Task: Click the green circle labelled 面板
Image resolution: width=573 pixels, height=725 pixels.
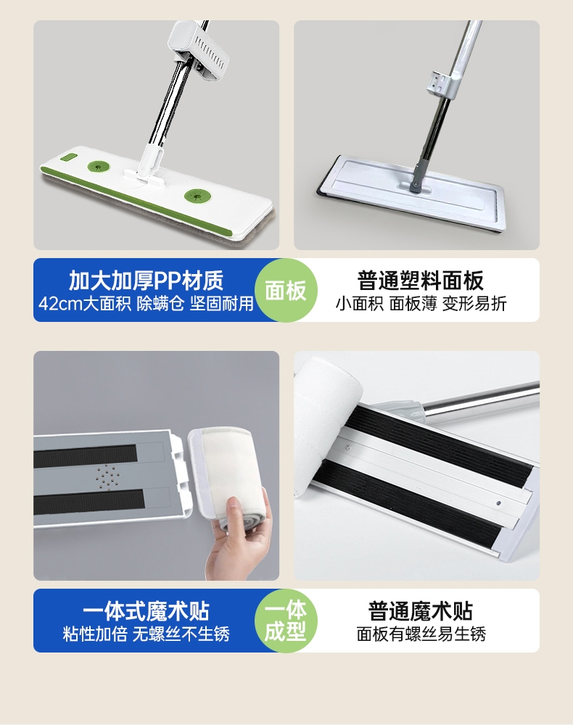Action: (286, 290)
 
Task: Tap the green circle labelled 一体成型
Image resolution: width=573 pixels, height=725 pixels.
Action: (286, 621)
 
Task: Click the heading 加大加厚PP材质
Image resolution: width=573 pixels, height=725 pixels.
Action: (146, 280)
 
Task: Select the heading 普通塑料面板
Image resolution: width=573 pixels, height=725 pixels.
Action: (421, 280)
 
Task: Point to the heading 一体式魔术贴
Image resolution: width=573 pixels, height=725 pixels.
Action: (146, 610)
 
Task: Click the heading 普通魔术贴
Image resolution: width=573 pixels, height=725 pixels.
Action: (421, 610)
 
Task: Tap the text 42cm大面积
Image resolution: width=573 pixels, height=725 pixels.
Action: (85, 304)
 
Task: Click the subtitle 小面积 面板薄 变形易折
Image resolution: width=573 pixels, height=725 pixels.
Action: (421, 304)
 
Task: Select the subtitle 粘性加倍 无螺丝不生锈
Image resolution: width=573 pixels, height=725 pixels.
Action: (146, 634)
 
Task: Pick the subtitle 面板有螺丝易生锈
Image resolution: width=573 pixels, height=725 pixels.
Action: (421, 634)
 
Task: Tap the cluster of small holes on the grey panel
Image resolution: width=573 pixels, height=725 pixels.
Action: (107, 476)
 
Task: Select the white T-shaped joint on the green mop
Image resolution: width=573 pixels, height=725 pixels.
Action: (147, 168)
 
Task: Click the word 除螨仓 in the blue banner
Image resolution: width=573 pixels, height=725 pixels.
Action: (160, 304)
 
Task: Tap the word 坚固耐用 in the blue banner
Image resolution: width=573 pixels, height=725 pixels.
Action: (221, 304)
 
